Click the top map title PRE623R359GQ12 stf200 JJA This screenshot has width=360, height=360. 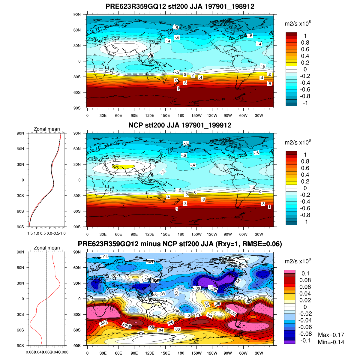[180, 6]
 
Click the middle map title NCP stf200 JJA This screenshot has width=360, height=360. [180, 125]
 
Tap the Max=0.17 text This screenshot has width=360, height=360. [331, 335]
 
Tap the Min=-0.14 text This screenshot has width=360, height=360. [331, 342]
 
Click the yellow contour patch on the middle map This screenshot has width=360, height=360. [123, 166]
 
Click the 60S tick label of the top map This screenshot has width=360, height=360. [77, 92]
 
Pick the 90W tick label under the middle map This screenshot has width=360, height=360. [228, 234]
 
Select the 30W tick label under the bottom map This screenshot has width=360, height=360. [259, 353]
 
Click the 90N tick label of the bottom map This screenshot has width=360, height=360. [77, 252]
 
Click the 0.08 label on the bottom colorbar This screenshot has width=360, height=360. [305, 280]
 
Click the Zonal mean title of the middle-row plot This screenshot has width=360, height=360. [47, 129]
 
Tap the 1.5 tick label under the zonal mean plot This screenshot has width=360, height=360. [30, 233]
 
